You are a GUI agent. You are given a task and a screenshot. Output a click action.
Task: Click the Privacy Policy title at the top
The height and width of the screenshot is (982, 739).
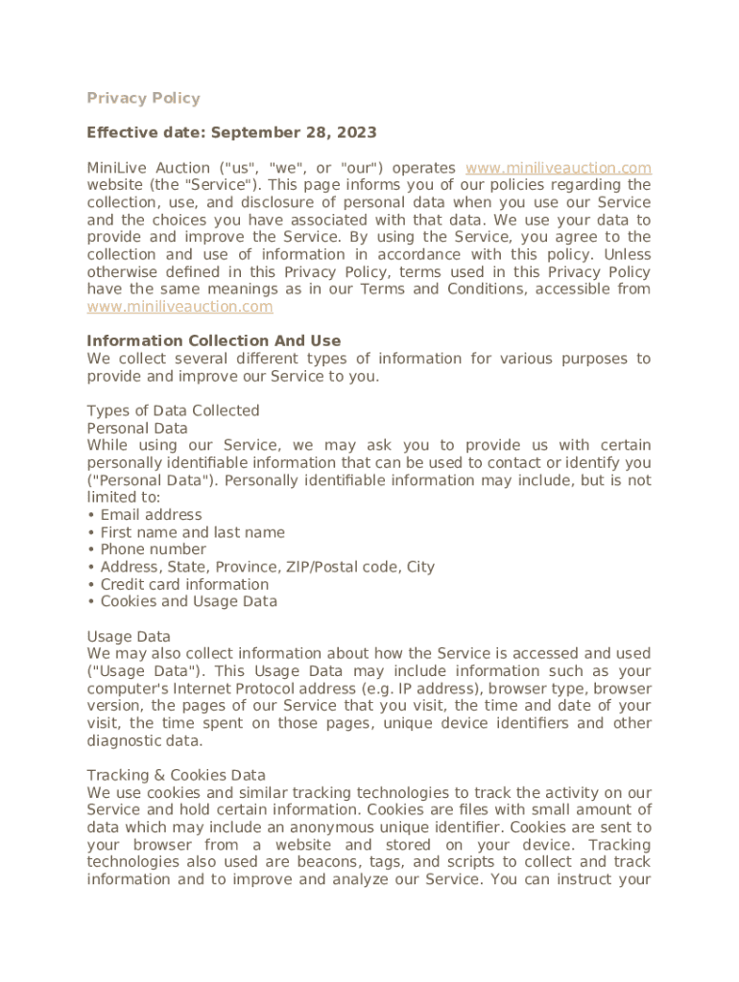143,98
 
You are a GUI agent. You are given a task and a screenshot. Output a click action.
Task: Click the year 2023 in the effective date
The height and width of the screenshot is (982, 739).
355,132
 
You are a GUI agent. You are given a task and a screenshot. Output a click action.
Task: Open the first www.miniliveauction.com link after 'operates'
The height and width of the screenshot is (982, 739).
558,168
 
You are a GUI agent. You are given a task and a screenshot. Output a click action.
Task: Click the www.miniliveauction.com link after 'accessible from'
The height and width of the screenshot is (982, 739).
179,307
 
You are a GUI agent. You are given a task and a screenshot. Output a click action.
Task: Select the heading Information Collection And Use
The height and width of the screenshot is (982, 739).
213,341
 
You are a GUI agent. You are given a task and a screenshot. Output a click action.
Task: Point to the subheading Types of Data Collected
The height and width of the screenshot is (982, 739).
173,410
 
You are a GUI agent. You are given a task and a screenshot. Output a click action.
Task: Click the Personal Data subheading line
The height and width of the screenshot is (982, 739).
137,428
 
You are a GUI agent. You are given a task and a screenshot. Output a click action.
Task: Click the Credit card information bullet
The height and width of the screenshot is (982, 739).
184,584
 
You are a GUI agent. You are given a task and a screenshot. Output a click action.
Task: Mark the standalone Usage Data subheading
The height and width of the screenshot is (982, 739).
129,637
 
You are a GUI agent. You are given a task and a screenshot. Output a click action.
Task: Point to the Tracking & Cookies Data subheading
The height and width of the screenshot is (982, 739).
176,775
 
